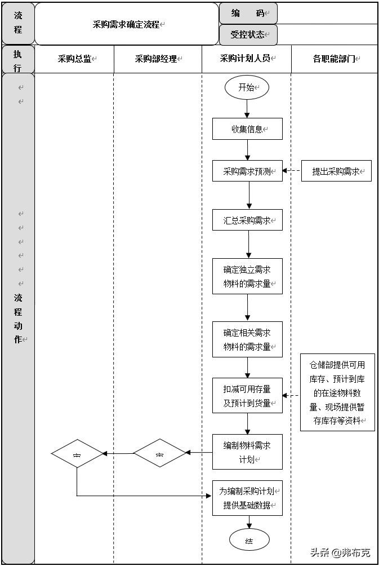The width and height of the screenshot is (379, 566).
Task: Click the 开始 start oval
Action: (x=247, y=87)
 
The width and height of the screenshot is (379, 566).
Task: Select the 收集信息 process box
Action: (x=247, y=129)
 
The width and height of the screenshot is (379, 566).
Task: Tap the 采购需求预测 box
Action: (x=247, y=171)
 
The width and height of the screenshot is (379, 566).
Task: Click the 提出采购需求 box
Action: (x=336, y=171)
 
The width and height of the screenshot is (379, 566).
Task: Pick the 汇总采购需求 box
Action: (x=247, y=220)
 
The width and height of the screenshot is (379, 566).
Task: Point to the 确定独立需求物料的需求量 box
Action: (x=247, y=276)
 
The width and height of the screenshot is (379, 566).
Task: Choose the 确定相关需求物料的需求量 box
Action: (x=247, y=339)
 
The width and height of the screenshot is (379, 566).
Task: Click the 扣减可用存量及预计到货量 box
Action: (x=247, y=396)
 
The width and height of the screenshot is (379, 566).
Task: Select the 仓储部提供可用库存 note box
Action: (x=337, y=392)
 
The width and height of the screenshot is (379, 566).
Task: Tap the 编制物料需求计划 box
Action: (x=247, y=452)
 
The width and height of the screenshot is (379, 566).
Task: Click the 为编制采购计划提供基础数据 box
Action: (x=247, y=498)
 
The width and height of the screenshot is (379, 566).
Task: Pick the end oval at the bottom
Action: (x=249, y=541)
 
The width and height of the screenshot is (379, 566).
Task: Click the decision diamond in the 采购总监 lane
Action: (x=77, y=453)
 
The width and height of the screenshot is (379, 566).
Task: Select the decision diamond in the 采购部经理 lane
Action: (x=159, y=453)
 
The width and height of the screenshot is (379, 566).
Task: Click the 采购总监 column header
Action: (x=75, y=59)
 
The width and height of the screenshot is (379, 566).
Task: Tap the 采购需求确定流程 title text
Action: (x=127, y=24)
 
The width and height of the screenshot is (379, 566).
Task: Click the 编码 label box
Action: (x=248, y=13)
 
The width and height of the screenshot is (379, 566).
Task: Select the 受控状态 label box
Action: (x=248, y=34)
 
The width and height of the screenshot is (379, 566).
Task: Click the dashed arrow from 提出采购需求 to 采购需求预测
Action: (x=292, y=171)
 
